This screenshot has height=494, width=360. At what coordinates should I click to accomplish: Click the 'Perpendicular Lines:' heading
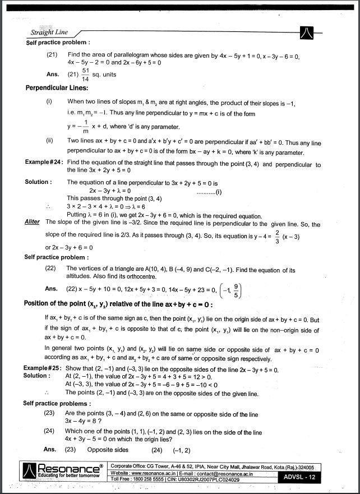click(x=57, y=88)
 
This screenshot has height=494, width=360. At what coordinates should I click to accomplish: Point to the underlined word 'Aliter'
click(x=33, y=222)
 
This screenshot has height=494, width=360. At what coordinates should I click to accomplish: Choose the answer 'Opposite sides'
click(x=108, y=450)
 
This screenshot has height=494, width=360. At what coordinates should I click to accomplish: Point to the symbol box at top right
click(x=307, y=33)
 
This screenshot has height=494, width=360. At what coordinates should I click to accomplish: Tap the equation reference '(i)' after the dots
click(x=219, y=191)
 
